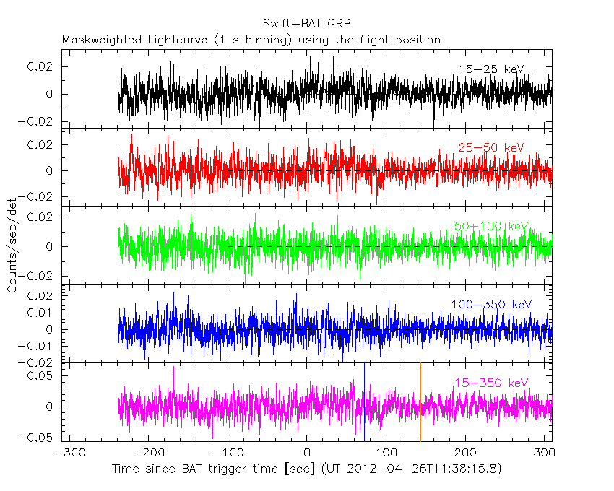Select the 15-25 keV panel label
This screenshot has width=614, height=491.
(490, 69)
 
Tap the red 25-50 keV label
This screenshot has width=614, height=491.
(490, 147)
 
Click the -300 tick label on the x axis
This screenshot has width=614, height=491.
(67, 456)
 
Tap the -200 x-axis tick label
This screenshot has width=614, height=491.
(147, 456)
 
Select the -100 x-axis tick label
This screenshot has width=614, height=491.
(227, 456)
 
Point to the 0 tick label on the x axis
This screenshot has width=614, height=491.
(307, 456)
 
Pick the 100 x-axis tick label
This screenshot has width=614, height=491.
(386, 456)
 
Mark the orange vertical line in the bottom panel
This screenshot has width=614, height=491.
(420, 404)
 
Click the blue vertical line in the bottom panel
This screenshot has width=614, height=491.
(365, 404)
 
